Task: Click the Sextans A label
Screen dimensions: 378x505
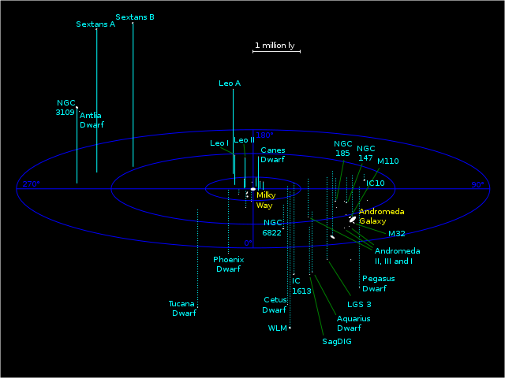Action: (x=95, y=24)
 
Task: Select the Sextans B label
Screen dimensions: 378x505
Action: (x=135, y=17)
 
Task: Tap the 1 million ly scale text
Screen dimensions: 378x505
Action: (x=274, y=46)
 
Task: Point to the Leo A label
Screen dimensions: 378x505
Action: (x=230, y=83)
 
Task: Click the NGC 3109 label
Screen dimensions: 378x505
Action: (x=65, y=107)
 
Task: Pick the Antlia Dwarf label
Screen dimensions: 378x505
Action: (x=91, y=120)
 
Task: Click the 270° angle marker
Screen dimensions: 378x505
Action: (x=30, y=184)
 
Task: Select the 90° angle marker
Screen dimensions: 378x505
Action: (x=477, y=185)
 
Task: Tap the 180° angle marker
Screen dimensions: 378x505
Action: (x=264, y=135)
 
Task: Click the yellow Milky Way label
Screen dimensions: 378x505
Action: (x=265, y=199)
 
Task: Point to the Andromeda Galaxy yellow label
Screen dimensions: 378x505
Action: (x=382, y=217)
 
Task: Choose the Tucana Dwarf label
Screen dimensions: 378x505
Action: (x=181, y=308)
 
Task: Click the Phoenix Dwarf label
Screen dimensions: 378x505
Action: (x=228, y=264)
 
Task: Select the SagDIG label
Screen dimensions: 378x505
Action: (x=337, y=342)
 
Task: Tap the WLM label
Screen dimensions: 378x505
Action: (x=277, y=328)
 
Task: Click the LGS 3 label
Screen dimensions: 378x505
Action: (x=359, y=304)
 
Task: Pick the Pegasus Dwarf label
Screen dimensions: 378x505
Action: (x=378, y=283)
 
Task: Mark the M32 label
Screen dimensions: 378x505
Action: (x=396, y=234)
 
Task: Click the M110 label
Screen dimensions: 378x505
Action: (x=387, y=161)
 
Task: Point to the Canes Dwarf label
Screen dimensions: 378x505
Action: (x=272, y=154)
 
